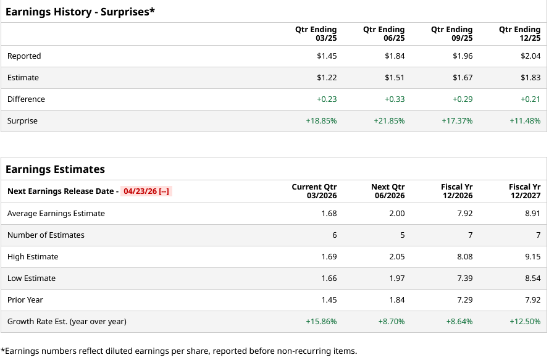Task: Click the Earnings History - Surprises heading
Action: [x=80, y=12]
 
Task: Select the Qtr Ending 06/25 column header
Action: [x=383, y=34]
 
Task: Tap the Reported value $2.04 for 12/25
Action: [x=530, y=56]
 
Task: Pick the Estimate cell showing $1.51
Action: [x=395, y=78]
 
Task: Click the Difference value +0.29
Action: [x=463, y=99]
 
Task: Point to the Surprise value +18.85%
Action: [x=321, y=121]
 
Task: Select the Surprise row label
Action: [x=22, y=121]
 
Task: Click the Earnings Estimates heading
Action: [x=55, y=169]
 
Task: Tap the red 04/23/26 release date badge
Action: [x=146, y=191]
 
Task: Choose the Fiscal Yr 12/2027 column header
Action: [x=524, y=191]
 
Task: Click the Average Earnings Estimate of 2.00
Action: [x=397, y=214]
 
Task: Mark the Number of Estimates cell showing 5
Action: [x=402, y=235]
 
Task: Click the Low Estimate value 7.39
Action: [x=464, y=278]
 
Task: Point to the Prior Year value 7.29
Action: [x=464, y=300]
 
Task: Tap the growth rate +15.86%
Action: [x=321, y=322]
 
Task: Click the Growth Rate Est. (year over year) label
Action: [x=67, y=322]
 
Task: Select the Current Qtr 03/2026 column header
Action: [x=314, y=191]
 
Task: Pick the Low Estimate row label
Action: [x=31, y=278]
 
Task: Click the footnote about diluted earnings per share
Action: [x=178, y=351]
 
